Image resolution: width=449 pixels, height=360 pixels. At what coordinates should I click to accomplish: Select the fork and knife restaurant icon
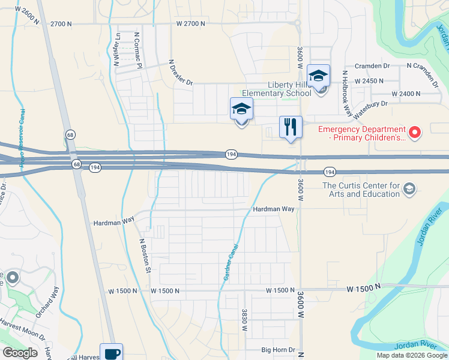coord(291,127)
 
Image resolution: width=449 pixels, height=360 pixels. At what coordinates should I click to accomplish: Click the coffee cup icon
coord(111,352)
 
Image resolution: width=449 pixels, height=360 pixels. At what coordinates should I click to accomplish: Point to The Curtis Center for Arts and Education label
coord(361,190)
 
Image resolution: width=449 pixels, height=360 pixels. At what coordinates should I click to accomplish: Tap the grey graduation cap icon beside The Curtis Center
coord(409,190)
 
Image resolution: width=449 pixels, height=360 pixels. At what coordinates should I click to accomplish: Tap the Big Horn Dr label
coord(279,350)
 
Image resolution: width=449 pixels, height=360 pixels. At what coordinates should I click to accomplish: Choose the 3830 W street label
coord(245,320)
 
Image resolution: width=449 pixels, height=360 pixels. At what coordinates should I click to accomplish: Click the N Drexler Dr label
coord(181,72)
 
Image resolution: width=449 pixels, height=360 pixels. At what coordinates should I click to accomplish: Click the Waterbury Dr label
coord(371,107)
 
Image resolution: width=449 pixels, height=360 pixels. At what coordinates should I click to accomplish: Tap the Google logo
coord(20,353)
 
